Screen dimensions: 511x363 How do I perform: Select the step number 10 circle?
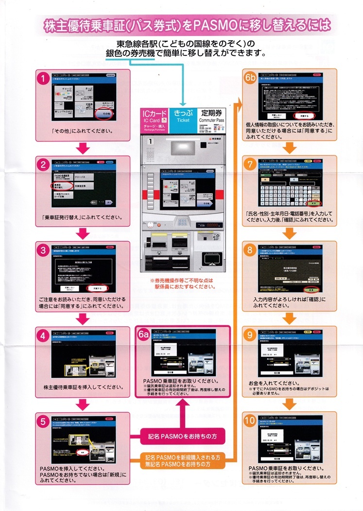click(x=251, y=421)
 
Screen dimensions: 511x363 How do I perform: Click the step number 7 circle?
click(x=251, y=164)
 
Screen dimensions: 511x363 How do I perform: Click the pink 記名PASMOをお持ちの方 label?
click(x=184, y=436)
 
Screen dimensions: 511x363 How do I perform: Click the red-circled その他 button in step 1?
click(x=105, y=113)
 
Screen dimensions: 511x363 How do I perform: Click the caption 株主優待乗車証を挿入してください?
click(x=83, y=387)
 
